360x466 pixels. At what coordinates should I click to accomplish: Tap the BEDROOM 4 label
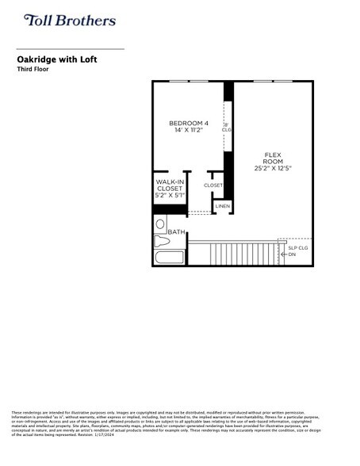189,123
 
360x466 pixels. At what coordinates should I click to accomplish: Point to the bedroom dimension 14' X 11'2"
189,131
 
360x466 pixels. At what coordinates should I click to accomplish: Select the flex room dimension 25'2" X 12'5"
272,168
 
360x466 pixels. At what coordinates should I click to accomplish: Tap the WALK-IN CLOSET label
170,185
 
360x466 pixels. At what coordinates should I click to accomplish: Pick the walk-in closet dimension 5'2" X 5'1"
170,196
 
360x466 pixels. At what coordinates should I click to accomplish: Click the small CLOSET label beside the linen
213,185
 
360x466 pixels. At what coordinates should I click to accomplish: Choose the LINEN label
222,206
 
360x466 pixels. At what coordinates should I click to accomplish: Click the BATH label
175,232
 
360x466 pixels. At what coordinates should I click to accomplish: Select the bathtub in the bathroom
170,258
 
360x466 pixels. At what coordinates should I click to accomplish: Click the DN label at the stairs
291,254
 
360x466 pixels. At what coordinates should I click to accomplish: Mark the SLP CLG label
297,247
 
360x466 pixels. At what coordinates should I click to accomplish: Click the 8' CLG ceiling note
226,127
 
